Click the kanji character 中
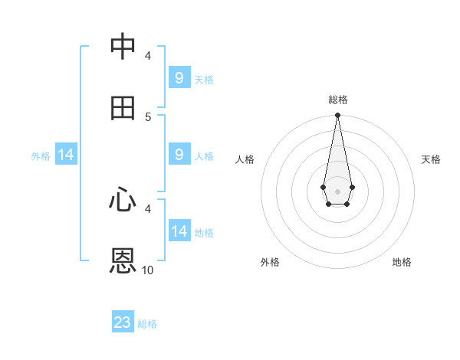[x=123, y=47]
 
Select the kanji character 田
[x=123, y=108]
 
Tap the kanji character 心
[x=123, y=201]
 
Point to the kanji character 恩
[x=123, y=261]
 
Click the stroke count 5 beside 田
[x=148, y=116]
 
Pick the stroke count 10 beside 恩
[x=148, y=270]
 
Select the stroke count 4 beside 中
[x=148, y=55]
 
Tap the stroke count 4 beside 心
[x=148, y=208]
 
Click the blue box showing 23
[x=123, y=322]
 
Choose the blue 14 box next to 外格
[x=66, y=155]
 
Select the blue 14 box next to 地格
[x=179, y=231]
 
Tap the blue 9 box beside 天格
[x=179, y=78]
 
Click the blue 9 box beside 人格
[x=179, y=155]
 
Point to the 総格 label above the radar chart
[x=337, y=100]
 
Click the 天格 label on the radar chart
[x=431, y=159]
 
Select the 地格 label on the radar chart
[x=402, y=262]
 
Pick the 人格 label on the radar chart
[x=245, y=159]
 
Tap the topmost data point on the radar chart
[x=337, y=116]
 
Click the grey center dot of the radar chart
[x=337, y=191]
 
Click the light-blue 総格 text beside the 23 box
[x=147, y=324]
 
